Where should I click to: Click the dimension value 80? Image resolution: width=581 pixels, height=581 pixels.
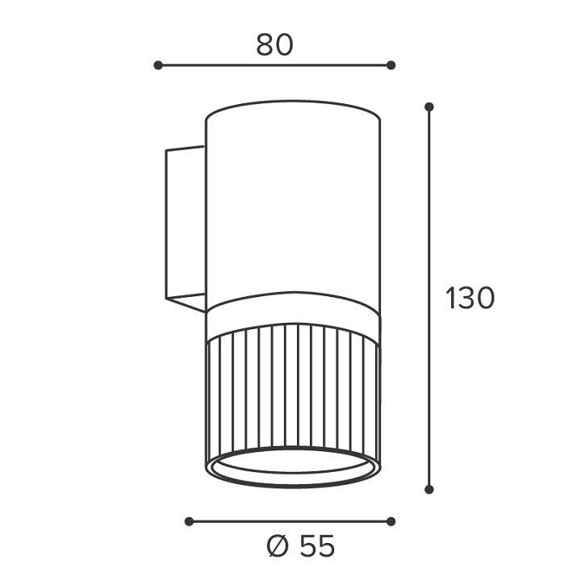(x=274, y=45)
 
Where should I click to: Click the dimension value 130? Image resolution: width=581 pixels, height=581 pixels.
(x=470, y=298)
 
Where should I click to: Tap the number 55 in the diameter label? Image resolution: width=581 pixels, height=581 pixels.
(x=317, y=545)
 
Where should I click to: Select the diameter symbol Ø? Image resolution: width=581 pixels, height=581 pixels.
(x=278, y=545)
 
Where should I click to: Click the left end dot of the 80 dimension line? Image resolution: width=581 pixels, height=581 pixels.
(x=158, y=65)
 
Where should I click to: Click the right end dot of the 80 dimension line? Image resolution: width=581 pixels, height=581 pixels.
(x=391, y=65)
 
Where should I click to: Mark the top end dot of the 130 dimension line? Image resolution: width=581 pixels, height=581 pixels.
(x=429, y=107)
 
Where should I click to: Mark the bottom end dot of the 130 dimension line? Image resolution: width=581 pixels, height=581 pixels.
(x=429, y=490)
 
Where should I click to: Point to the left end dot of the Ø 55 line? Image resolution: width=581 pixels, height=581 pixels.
(x=189, y=522)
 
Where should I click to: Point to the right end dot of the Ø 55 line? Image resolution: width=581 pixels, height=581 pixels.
(x=391, y=522)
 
